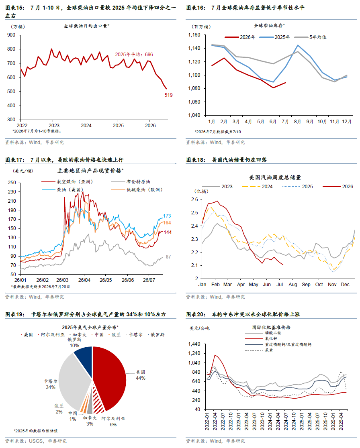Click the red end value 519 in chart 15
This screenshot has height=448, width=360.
coord(168,95)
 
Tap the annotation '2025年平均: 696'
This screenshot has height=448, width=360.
coord(134,54)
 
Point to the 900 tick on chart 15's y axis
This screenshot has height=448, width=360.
coord(11,35)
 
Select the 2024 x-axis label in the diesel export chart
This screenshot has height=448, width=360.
coord(86,125)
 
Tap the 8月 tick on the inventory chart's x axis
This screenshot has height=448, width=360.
coord(297,121)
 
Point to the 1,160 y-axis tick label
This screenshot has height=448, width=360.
coord(194,35)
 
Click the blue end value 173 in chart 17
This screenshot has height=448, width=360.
coord(167,216)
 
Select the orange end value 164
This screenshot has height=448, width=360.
coord(167,222)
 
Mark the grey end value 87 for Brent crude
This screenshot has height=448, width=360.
coord(168,257)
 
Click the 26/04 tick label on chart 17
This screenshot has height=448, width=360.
coord(84,280)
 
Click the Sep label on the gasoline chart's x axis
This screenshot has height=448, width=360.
coord(306,285)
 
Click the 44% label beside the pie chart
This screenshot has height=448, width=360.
coord(140,378)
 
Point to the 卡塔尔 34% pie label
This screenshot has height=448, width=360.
coord(50,384)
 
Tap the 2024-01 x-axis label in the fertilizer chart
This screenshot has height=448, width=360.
coord(270,421)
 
